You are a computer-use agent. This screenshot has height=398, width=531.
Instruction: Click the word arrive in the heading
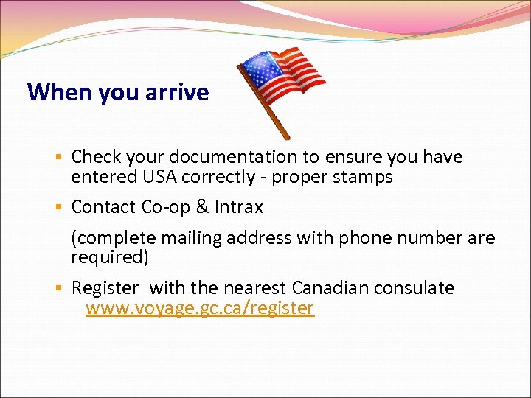(x=177, y=93)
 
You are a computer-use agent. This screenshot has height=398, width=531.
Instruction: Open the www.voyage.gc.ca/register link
(x=200, y=308)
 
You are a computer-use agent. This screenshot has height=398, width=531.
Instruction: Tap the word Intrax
(x=239, y=208)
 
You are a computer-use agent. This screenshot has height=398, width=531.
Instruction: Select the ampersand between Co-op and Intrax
(x=202, y=208)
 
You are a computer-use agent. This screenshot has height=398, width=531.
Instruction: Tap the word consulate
(x=418, y=287)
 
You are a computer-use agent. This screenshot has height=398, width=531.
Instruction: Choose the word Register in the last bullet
(x=105, y=288)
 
